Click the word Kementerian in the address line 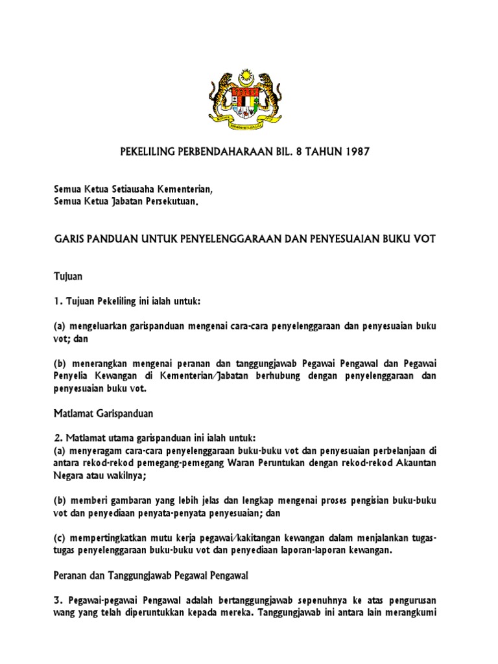[185, 189]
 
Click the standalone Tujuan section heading [67, 276]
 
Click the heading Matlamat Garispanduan [102, 412]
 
